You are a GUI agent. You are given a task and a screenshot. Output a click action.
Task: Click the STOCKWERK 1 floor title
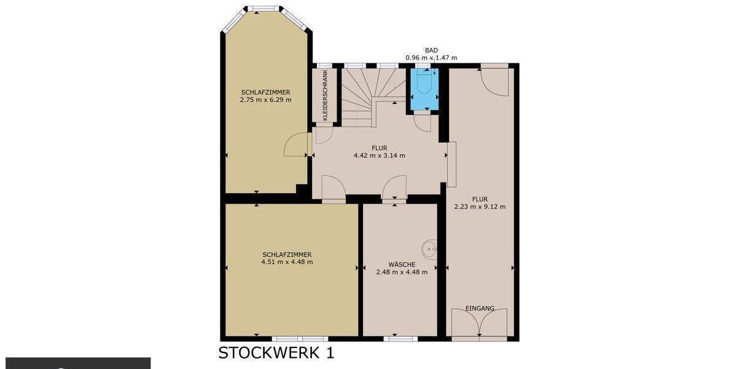tap(276, 353)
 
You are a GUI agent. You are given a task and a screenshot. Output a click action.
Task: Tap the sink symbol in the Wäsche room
tap(429, 250)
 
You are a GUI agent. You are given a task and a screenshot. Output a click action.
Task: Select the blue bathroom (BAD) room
tap(424, 91)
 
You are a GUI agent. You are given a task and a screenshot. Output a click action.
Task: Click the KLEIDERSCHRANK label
tap(325, 95)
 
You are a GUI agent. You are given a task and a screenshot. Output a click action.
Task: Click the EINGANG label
tap(480, 308)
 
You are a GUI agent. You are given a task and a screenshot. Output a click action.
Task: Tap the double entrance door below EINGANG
tap(480, 323)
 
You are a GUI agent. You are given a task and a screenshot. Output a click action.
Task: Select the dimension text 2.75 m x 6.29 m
tap(266, 100)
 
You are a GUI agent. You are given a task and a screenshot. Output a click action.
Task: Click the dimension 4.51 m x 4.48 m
tap(287, 262)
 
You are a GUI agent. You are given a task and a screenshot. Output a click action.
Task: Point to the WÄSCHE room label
tap(400, 264)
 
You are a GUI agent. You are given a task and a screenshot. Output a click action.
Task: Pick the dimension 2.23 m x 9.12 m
tap(480, 207)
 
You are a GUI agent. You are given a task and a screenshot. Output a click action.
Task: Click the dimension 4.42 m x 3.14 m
tap(380, 156)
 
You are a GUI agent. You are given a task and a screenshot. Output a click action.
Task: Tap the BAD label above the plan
tap(431, 50)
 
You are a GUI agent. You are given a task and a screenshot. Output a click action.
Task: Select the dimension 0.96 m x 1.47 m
tap(431, 58)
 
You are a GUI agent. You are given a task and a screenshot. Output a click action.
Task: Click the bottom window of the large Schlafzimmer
tap(300, 338)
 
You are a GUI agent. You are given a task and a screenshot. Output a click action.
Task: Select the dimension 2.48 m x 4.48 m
tap(400, 271)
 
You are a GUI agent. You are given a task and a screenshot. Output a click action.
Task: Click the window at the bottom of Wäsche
tap(400, 338)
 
